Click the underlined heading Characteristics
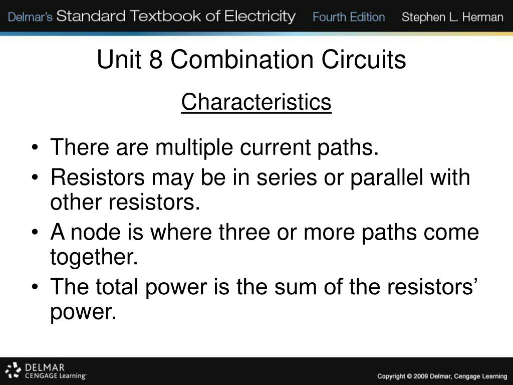[256, 102]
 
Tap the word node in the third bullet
[93, 233]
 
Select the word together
[94, 258]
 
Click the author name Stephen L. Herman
[452, 18]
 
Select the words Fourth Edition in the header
[349, 18]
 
